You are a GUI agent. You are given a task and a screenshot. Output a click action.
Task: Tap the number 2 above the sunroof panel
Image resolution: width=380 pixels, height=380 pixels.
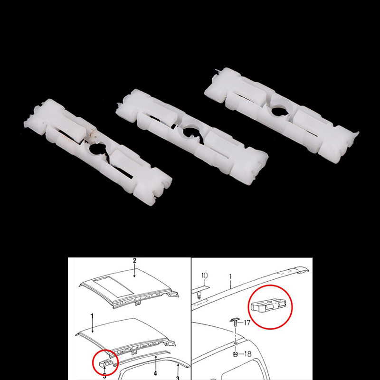click(x=134, y=261)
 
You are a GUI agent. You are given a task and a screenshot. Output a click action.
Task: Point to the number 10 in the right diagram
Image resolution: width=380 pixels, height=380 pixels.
click(x=204, y=275)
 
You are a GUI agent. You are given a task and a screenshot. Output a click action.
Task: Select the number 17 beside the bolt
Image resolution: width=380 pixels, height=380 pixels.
click(x=247, y=323)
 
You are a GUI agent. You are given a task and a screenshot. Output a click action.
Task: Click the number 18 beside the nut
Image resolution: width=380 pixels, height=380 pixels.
click(x=247, y=354)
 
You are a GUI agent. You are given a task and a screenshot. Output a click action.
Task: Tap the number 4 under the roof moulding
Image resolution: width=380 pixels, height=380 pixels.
click(x=155, y=373)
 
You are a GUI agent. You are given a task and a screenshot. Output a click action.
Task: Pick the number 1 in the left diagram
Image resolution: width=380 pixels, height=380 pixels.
click(x=92, y=316)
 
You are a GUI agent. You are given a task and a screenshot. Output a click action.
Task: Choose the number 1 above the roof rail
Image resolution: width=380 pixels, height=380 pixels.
click(x=230, y=276)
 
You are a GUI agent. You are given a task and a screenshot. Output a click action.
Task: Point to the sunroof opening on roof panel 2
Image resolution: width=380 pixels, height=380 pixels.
click(x=114, y=288)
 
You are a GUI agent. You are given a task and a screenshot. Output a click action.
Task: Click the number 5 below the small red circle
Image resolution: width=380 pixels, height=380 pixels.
click(x=104, y=376)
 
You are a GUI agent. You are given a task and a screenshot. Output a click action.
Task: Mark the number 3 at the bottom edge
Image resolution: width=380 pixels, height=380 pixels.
click(x=178, y=378)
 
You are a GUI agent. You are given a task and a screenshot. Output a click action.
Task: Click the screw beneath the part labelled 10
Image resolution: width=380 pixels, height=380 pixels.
click(x=199, y=295)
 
